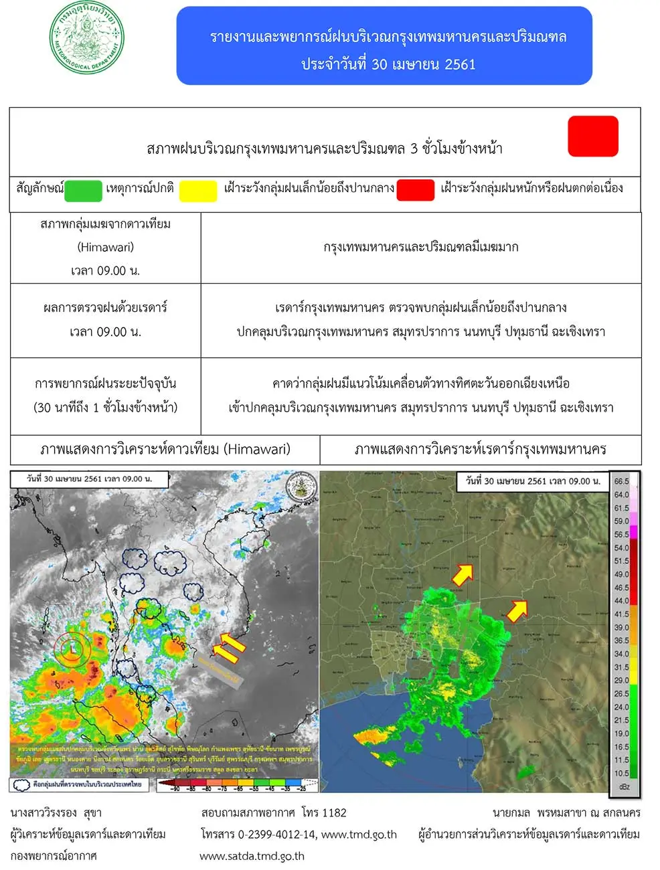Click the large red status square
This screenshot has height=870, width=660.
tap(592, 137)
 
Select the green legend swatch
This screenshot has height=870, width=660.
tap(83, 191)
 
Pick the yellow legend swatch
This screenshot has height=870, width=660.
tap(198, 191)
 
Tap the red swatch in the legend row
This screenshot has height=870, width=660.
tap(415, 191)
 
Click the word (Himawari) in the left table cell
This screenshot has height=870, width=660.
tap(106, 247)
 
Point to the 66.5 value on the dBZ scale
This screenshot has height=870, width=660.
tap(621, 481)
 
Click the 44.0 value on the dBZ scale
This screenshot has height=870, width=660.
tap(621, 600)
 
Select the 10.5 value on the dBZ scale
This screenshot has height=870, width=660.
tap(621, 773)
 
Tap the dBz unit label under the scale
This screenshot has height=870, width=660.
tap(624, 786)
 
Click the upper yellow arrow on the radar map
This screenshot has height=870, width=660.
tap(462, 574)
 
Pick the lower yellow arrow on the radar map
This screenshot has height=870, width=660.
tap(516, 610)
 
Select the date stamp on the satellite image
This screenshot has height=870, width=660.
tap(89, 479)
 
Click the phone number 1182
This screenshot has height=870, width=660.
tap(334, 812)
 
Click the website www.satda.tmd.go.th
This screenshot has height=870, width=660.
tap(252, 855)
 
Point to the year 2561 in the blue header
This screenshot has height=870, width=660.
tap(460, 64)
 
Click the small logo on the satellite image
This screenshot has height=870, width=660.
tap(301, 487)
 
